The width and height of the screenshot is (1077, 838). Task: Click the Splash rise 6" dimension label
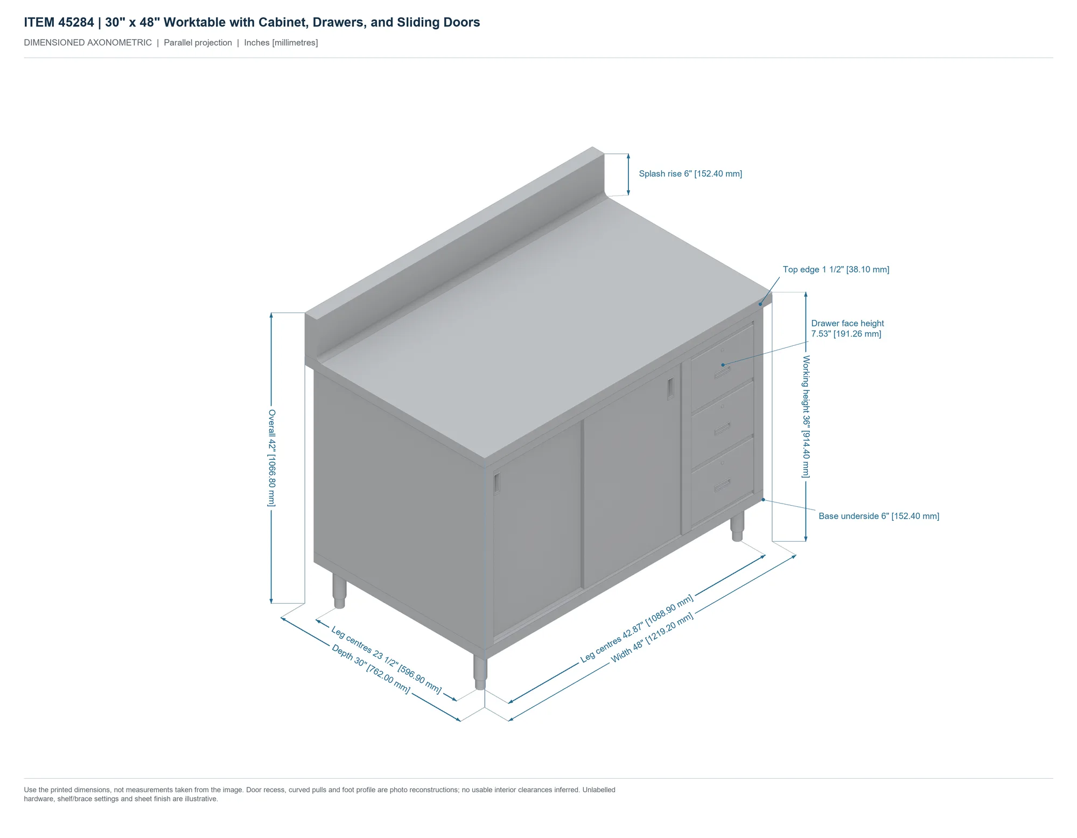pyautogui.click(x=690, y=173)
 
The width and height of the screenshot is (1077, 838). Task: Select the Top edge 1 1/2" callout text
pyautogui.click(x=836, y=269)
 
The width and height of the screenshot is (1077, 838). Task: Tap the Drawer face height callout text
pyautogui.click(x=848, y=329)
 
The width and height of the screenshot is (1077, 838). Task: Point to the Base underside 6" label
pyautogui.click(x=879, y=516)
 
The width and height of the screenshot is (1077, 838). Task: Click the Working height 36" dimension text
pyautogui.click(x=806, y=416)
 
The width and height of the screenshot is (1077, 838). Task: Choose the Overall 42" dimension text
pyautogui.click(x=272, y=458)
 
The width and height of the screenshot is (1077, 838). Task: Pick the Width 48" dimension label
pyautogui.click(x=652, y=638)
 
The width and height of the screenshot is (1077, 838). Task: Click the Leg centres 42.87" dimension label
pyautogui.click(x=637, y=628)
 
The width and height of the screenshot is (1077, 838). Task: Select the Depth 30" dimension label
pyautogui.click(x=371, y=668)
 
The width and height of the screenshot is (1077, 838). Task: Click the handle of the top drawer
pyautogui.click(x=723, y=372)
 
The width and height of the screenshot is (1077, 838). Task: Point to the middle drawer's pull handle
pyautogui.click(x=723, y=429)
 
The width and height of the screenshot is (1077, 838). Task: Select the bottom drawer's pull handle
pyautogui.click(x=723, y=485)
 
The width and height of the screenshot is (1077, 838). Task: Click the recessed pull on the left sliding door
pyautogui.click(x=497, y=484)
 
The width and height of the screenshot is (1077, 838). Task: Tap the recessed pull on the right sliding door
pyautogui.click(x=670, y=388)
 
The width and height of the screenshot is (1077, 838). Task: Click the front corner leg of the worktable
pyautogui.click(x=480, y=672)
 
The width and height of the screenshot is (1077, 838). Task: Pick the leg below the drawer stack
pyautogui.click(x=737, y=526)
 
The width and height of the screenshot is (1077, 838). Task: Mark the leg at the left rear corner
pyautogui.click(x=339, y=591)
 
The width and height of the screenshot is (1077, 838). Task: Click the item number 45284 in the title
pyautogui.click(x=76, y=22)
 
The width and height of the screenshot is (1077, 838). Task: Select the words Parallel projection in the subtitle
pyautogui.click(x=198, y=43)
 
